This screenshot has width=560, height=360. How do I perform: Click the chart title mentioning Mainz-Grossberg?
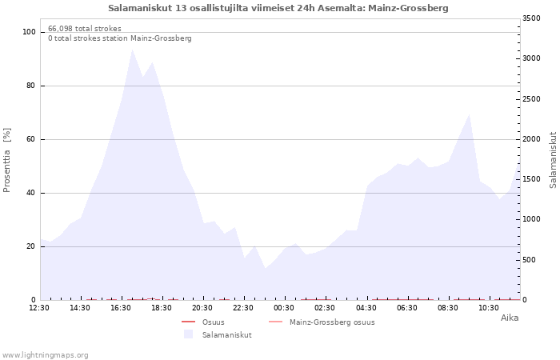(278, 8)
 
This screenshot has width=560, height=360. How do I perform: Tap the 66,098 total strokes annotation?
(85, 29)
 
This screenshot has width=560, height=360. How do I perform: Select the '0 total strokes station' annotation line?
(120, 38)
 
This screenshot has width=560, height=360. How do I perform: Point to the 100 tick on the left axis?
(29, 32)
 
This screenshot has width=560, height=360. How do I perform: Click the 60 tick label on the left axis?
(30, 139)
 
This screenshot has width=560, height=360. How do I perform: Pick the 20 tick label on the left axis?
(30, 246)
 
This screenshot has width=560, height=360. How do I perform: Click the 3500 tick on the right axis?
(531, 18)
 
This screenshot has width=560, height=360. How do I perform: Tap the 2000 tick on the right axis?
(531, 139)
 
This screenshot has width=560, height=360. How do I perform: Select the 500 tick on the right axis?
(530, 260)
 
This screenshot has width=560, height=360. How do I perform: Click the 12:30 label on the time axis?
(39, 308)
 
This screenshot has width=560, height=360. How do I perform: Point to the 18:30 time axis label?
(162, 308)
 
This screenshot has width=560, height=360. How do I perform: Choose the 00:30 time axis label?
(284, 308)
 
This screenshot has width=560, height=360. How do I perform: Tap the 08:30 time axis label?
(447, 308)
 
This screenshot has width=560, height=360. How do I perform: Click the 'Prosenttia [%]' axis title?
(6, 160)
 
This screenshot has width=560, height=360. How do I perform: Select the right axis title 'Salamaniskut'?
(553, 160)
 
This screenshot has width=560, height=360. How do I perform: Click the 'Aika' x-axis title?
(510, 318)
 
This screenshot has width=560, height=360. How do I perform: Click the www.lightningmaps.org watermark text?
(45, 355)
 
